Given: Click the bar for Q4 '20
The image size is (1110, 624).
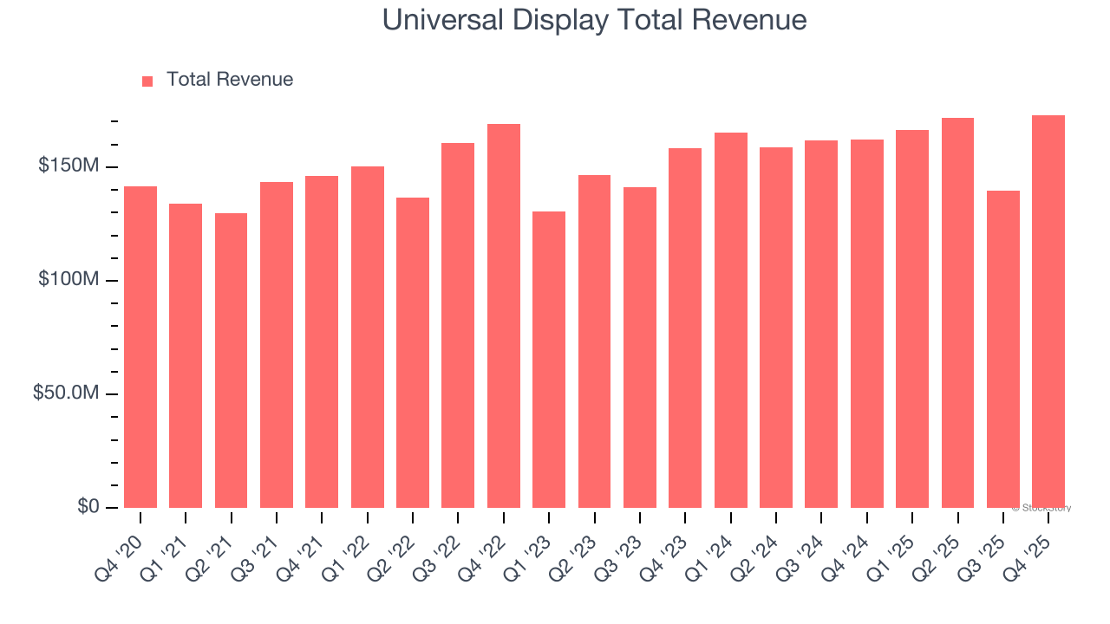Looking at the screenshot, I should [x=140, y=347].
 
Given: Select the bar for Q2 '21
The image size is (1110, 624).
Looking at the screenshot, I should [x=231, y=360].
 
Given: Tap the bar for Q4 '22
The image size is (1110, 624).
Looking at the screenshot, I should [x=504, y=315].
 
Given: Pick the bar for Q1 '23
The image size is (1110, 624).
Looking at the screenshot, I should [x=549, y=359].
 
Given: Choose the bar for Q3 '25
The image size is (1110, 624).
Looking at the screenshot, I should [x=1003, y=348].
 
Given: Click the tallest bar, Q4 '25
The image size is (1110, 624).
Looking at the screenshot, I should [x=1048, y=311].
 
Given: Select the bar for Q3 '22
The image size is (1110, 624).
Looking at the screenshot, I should [x=458, y=325].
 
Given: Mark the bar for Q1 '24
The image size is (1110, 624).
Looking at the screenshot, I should [x=731, y=320].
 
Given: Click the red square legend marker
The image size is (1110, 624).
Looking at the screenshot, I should [x=147, y=81].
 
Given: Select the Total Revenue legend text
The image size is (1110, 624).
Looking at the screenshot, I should [x=230, y=80].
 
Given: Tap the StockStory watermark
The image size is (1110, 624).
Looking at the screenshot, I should [x=1041, y=508].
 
